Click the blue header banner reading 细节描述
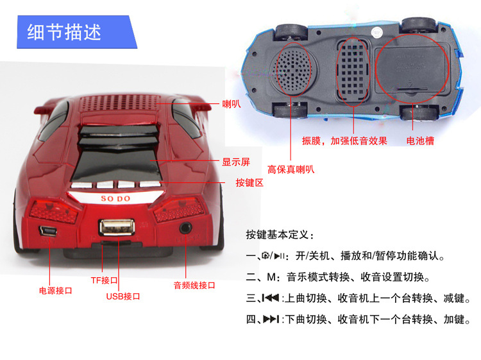77,32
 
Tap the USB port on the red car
117,227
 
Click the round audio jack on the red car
185,228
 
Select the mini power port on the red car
48,231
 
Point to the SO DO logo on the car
115,198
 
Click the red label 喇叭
232,104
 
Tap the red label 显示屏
236,162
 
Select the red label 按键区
249,183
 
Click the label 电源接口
56,290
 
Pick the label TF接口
104,280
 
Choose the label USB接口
123,296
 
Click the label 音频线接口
194,285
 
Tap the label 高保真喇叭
291,169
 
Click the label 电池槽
420,141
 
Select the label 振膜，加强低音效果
344,141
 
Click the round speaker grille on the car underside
294,69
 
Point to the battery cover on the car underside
411,70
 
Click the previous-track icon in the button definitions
271,297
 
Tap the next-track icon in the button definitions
271,319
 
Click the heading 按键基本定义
280,235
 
